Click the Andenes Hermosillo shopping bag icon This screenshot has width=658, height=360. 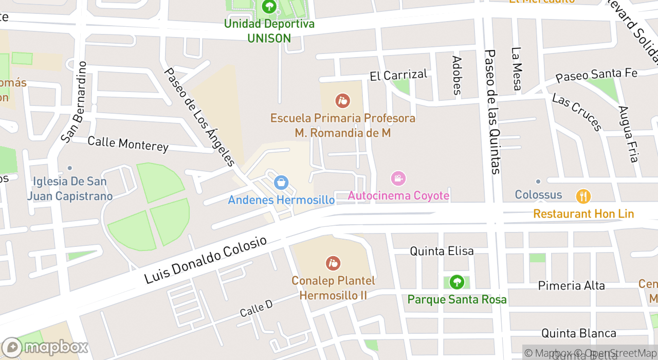281,182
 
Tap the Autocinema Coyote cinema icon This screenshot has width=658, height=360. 398,178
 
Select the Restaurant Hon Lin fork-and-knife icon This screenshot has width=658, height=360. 583,196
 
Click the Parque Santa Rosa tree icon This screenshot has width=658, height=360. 456,282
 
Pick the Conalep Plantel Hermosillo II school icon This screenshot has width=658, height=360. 333,263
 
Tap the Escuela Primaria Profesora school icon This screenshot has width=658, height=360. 342,101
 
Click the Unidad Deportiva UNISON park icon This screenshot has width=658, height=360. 269,7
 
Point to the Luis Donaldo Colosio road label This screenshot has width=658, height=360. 206,260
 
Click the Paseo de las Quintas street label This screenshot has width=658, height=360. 492,112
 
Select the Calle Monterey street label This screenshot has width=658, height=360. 128,144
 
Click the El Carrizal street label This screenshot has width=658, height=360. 398,75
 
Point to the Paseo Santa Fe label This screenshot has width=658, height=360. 596,75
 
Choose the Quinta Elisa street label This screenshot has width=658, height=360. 442,251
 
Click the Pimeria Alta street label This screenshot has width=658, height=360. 571,285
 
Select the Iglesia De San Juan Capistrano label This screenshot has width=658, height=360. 69,188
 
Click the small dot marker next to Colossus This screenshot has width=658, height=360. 538,182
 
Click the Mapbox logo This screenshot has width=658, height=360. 45,347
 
